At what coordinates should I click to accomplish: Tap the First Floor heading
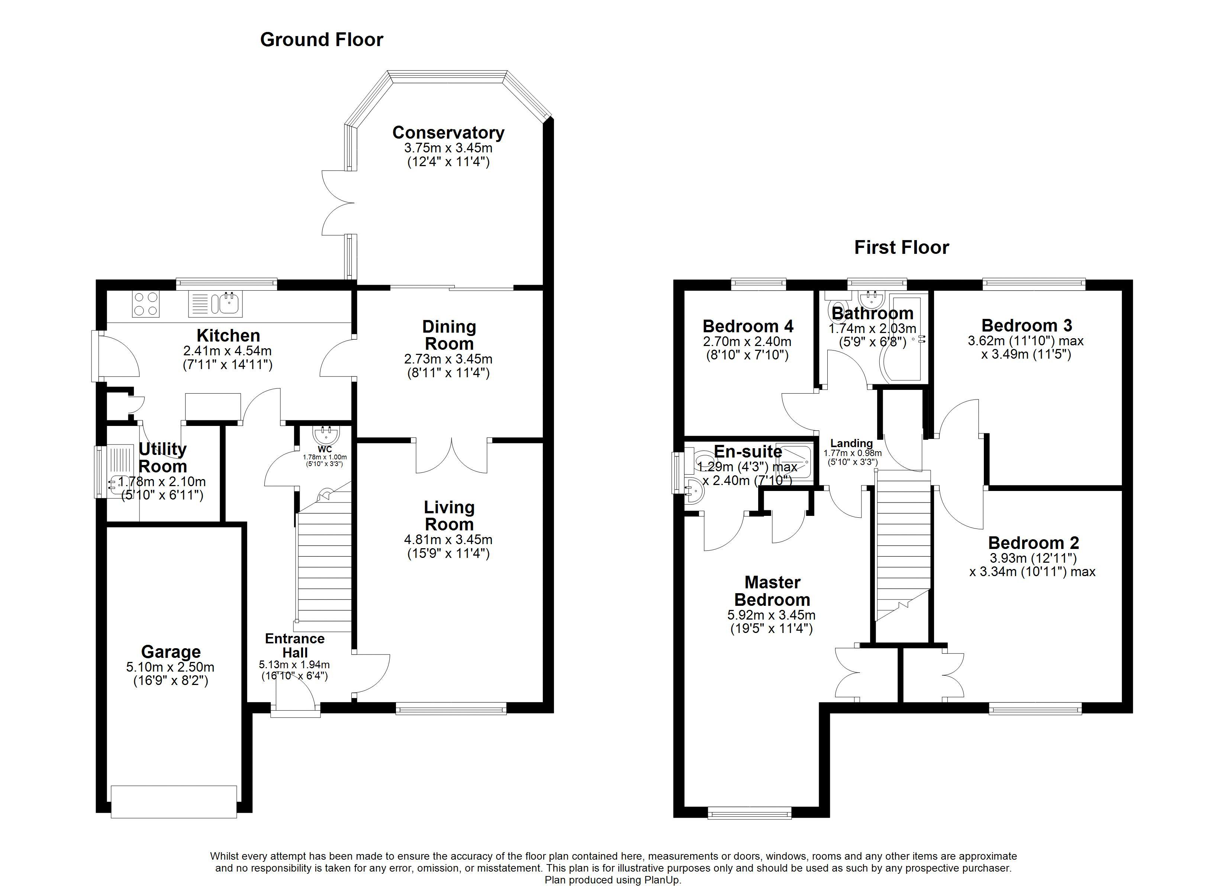coord(901,247)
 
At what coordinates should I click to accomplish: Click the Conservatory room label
coord(448,133)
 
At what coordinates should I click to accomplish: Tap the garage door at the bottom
coord(174,802)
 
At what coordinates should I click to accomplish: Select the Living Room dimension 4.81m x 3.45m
coord(448,539)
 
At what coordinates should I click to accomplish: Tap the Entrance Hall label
coord(295,645)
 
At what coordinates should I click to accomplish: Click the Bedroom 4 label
coord(748,326)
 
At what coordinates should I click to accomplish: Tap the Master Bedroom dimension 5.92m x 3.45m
coord(772,615)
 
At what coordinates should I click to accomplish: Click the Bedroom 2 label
coord(1033,543)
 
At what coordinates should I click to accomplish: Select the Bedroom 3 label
coord(1026,326)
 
